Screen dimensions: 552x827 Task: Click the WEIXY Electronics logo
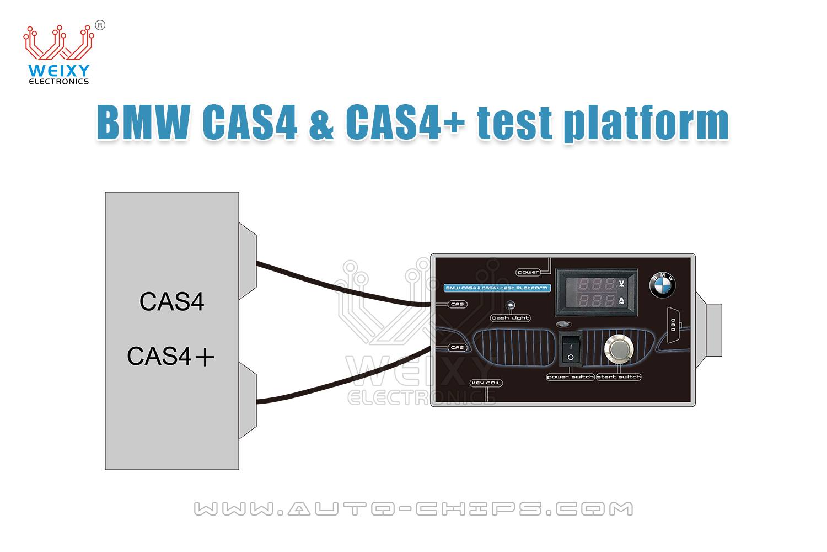(x=58, y=54)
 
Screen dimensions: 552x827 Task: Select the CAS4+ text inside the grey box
(x=170, y=357)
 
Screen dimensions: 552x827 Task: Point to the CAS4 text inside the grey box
(x=172, y=302)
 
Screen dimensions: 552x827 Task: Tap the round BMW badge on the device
(x=662, y=286)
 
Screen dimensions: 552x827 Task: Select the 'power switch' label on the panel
(x=570, y=377)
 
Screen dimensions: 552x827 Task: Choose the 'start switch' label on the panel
(x=619, y=377)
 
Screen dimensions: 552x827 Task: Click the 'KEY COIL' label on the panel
(x=486, y=383)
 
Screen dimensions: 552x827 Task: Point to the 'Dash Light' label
(x=510, y=318)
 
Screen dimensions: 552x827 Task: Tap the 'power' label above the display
(x=528, y=272)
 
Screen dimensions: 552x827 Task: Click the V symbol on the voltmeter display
(x=622, y=284)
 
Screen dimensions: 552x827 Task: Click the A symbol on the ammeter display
(x=622, y=301)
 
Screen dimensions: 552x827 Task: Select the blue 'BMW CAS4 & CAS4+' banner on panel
(x=496, y=288)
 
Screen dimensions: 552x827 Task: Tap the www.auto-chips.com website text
(x=413, y=508)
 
